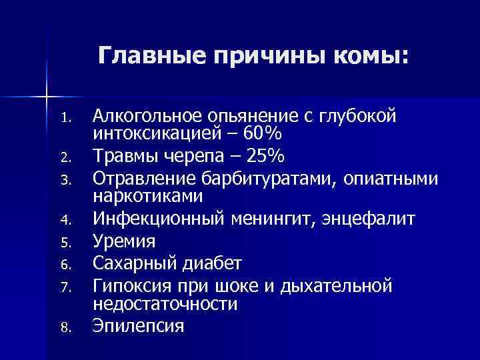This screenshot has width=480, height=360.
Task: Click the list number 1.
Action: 63,121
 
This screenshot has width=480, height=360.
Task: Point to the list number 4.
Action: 63,219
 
